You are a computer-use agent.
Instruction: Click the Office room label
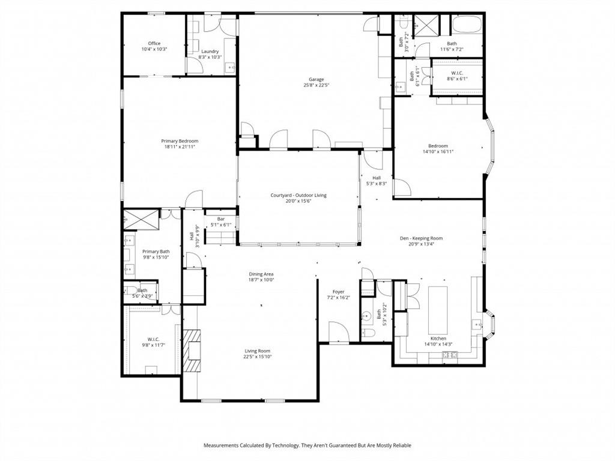(x=154, y=43)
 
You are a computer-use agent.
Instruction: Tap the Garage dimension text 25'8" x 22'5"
(x=316, y=85)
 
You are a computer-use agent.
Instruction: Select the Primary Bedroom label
(x=180, y=140)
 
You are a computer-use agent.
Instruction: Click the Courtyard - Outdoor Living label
(x=298, y=195)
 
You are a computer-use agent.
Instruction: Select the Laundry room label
(x=210, y=51)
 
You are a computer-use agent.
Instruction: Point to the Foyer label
(x=339, y=292)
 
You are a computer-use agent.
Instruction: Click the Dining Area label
(x=261, y=274)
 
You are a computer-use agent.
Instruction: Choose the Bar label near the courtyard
(x=221, y=219)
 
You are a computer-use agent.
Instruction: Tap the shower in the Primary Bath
(x=141, y=220)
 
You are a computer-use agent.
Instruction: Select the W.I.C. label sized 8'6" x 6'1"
(x=457, y=73)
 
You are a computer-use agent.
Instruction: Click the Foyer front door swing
(x=338, y=331)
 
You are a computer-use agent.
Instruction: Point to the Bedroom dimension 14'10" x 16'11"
(x=438, y=152)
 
